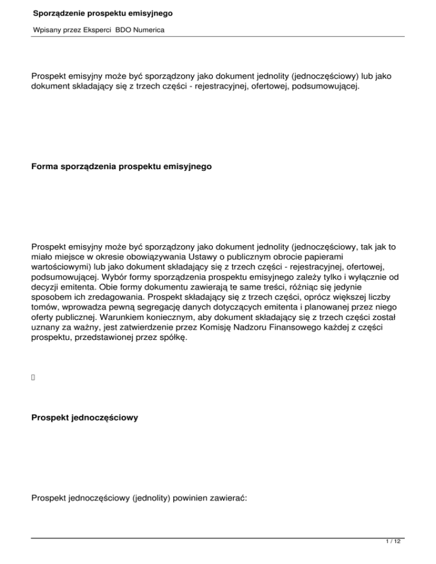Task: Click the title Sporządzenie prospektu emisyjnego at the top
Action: click(103, 12)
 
